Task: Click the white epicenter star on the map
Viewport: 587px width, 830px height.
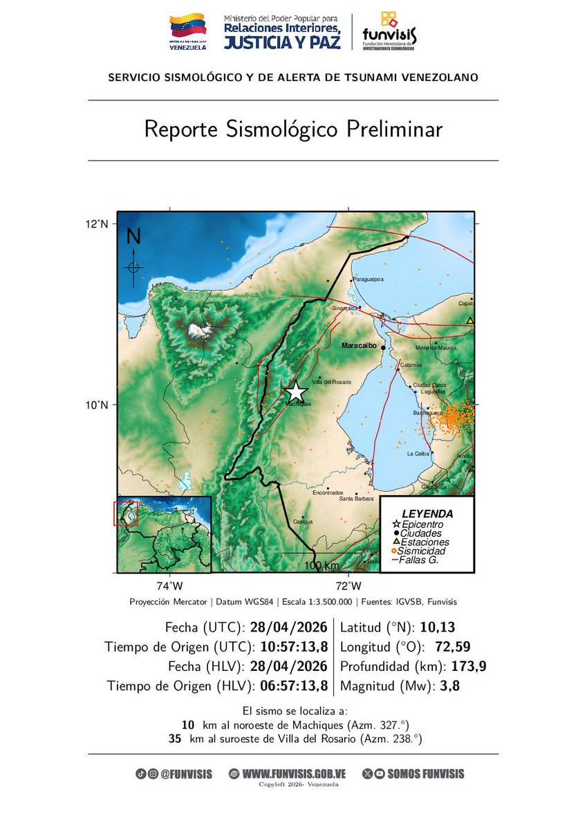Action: click(295, 391)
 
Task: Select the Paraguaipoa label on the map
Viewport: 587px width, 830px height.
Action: click(368, 279)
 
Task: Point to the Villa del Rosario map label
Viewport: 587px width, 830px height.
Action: click(332, 382)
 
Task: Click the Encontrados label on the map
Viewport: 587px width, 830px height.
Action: click(328, 492)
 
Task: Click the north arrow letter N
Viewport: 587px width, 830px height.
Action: click(133, 237)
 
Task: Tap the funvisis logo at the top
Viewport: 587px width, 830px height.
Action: click(389, 31)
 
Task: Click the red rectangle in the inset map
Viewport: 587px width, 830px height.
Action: click(126, 514)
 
